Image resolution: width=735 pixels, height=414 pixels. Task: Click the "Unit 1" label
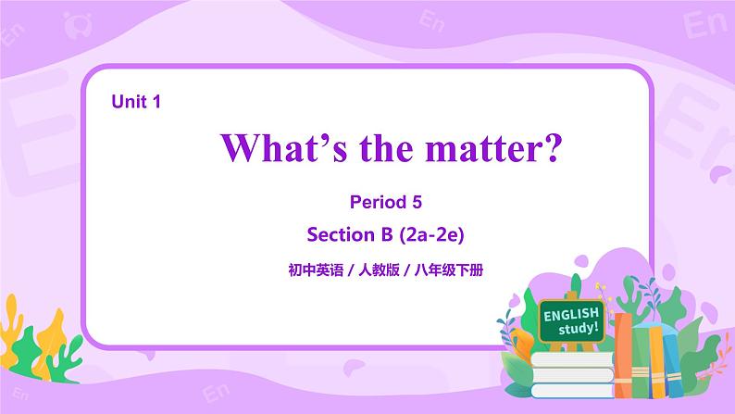pos(136,103)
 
